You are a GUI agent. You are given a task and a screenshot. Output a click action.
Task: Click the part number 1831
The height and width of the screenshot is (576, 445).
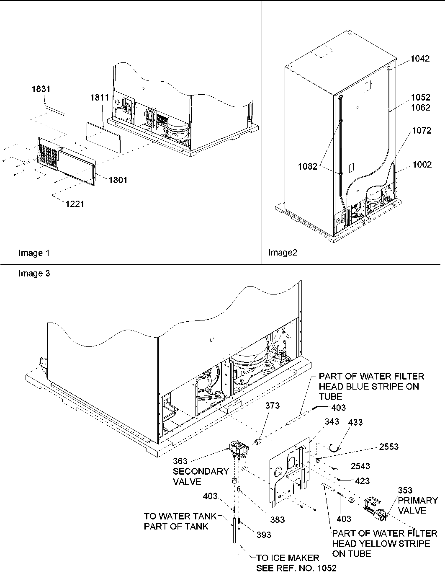pyautogui.click(x=41, y=89)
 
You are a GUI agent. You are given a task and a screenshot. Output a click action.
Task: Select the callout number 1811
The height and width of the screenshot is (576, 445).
pyautogui.click(x=99, y=98)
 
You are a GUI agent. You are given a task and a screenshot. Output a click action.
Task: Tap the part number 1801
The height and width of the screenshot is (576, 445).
pyautogui.click(x=118, y=180)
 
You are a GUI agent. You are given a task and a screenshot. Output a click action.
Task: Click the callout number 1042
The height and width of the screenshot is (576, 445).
pyautogui.click(x=419, y=59)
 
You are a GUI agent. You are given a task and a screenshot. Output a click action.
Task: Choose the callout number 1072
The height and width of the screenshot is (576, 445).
pyautogui.click(x=421, y=131)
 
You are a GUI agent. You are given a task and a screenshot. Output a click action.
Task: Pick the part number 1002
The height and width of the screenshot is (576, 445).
pyautogui.click(x=422, y=165)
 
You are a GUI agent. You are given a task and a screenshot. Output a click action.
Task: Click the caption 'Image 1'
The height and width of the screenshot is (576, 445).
pyautogui.click(x=34, y=253)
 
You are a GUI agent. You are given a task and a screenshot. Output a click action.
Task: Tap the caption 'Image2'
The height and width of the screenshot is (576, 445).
pyautogui.click(x=283, y=253)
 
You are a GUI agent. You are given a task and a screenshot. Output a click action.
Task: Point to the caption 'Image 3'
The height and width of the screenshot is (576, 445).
pyautogui.click(x=34, y=274)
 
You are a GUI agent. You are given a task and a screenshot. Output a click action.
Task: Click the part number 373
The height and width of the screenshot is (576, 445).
pyautogui.click(x=272, y=406)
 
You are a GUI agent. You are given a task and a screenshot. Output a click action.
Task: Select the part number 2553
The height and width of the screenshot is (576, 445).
pyautogui.click(x=389, y=447)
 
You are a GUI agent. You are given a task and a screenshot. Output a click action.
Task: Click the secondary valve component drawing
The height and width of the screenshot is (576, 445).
pyautogui.click(x=238, y=452)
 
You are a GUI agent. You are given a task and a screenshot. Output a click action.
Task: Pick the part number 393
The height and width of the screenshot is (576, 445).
pyautogui.click(x=264, y=535)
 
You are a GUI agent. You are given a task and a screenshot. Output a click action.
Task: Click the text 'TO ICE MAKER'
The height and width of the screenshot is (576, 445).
pyautogui.click(x=287, y=558)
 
